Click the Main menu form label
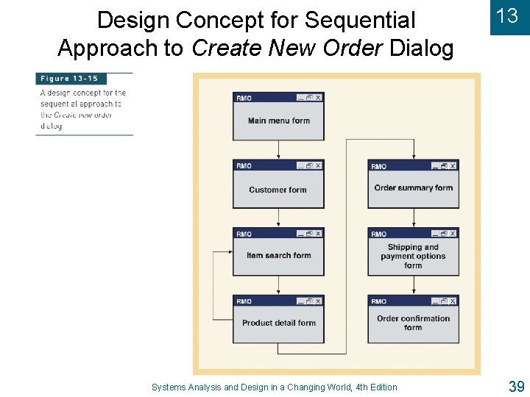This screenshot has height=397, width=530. (x=278, y=121)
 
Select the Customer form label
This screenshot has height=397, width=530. (x=278, y=190)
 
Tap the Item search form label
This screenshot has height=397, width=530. (x=278, y=256)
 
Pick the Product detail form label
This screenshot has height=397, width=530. (x=278, y=323)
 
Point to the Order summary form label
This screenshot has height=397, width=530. (x=413, y=187)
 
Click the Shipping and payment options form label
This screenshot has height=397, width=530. (x=413, y=256)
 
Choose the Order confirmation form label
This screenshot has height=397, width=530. (x=413, y=323)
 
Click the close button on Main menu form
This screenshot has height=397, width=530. (x=318, y=98)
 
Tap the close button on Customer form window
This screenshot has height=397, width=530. (x=318, y=165)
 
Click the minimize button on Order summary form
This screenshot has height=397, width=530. (x=435, y=165)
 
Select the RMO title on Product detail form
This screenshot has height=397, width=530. (x=244, y=301)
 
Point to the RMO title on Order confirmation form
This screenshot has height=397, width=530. (x=378, y=301)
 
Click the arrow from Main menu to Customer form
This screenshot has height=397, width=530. (x=278, y=150)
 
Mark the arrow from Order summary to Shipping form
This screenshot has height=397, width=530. (x=413, y=218)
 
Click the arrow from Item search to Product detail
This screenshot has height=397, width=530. (x=278, y=285)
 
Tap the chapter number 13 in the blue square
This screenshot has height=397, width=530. (x=508, y=17)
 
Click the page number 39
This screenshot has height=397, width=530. (x=515, y=385)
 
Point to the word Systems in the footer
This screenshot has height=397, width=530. (x=169, y=387)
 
